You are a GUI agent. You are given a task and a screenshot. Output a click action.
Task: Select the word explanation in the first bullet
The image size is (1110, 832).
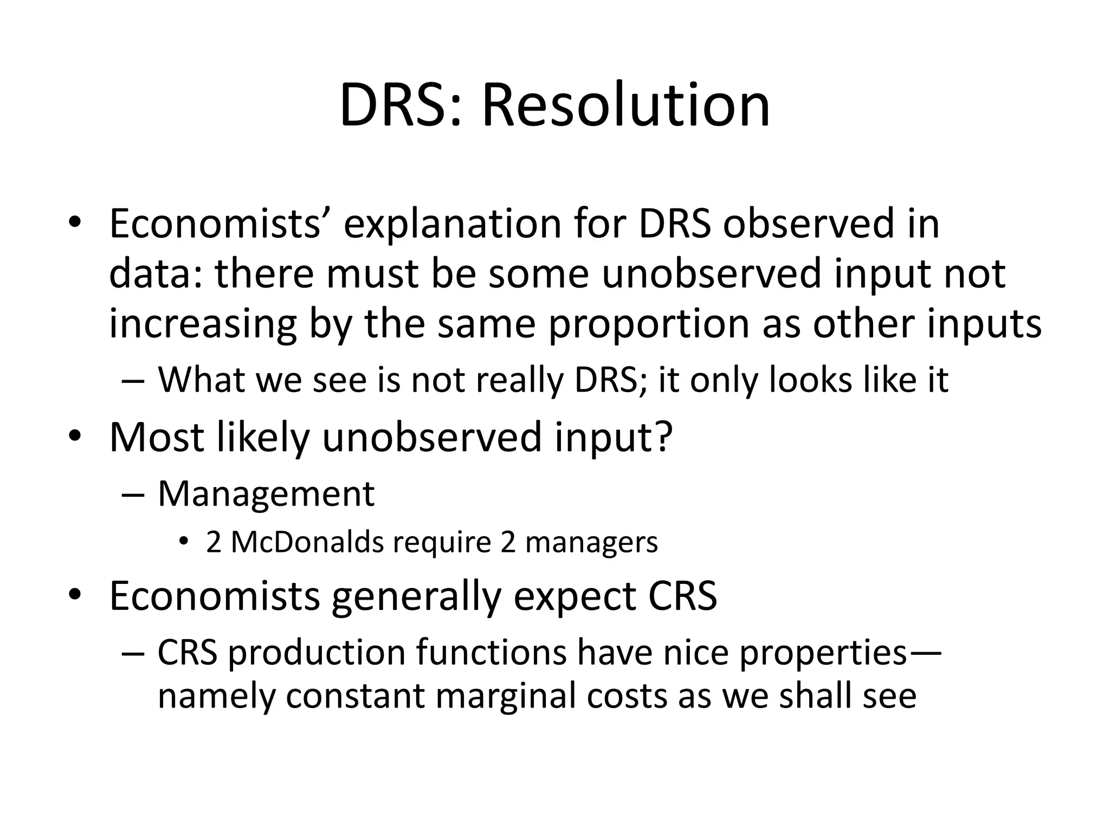(x=452, y=223)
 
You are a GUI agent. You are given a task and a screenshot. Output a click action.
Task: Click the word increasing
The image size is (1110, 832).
(x=203, y=323)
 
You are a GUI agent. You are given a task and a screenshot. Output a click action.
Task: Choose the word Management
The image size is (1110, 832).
(x=266, y=494)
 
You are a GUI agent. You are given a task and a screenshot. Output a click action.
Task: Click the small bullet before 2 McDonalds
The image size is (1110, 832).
(x=184, y=542)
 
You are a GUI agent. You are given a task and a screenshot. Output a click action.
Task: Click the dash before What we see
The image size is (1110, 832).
(x=133, y=380)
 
